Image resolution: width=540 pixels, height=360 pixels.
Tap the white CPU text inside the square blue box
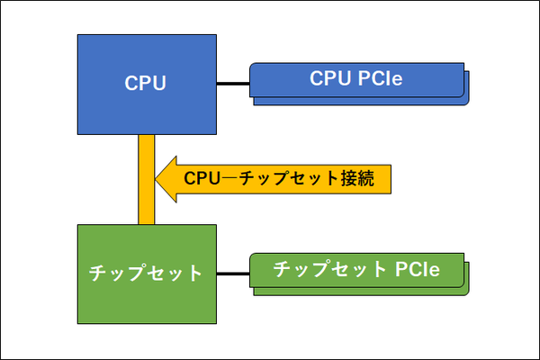coord(146,85)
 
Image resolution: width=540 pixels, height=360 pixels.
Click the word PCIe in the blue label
coord(380,80)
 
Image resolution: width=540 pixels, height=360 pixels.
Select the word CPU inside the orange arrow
coord(202,178)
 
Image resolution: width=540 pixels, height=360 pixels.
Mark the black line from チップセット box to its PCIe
coord(232,274)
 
